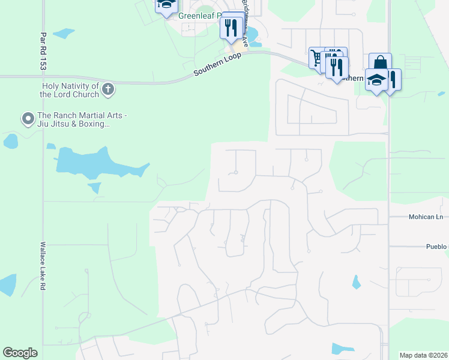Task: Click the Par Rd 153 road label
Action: [43, 52]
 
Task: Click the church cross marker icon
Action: [108, 89]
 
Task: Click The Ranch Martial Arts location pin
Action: [28, 118]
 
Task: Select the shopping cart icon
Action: [317, 58]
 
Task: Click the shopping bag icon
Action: [380, 63]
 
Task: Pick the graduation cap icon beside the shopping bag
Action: [376, 80]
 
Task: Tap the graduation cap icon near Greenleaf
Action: [166, 5]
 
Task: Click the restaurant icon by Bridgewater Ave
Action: [231, 26]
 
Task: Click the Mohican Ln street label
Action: [426, 217]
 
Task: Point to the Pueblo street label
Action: [436, 247]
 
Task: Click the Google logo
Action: [20, 353]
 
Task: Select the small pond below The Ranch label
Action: [10, 142]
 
